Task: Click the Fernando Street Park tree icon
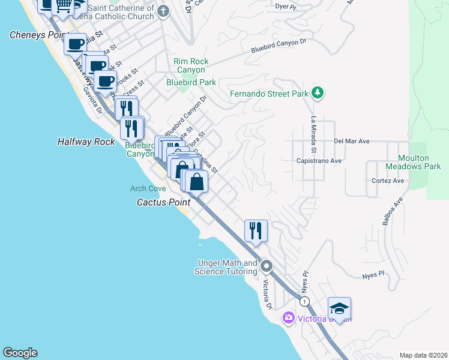[318, 94]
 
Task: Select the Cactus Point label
[163, 202]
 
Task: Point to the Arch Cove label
[148, 188]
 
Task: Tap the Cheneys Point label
[35, 35]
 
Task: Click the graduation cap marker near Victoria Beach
[339, 309]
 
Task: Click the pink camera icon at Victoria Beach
[289, 317]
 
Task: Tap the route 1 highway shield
[306, 300]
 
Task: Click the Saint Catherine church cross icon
[163, 10]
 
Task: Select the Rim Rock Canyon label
[191, 65]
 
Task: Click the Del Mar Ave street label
[351, 142]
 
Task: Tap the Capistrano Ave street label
[318, 161]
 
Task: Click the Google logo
[20, 353]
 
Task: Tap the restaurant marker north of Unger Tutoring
[256, 230]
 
